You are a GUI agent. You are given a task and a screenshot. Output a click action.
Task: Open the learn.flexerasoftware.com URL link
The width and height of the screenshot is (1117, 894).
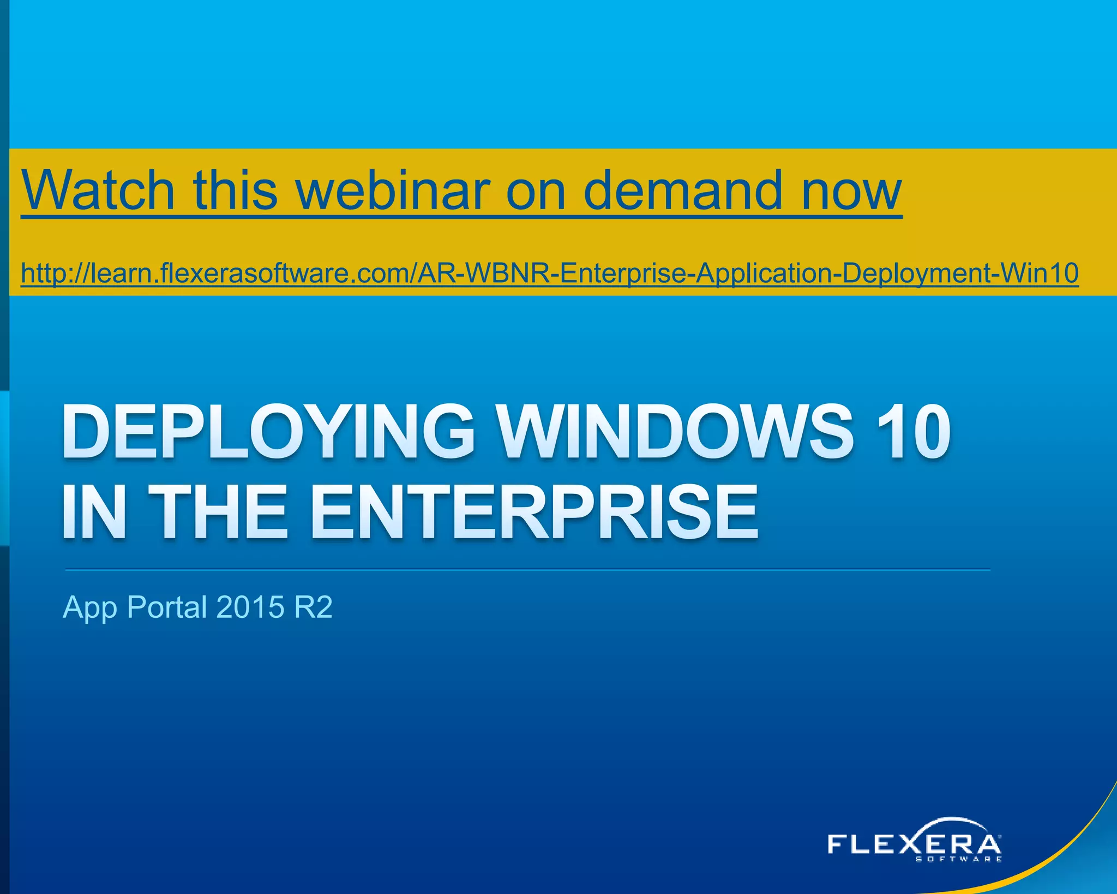(549, 273)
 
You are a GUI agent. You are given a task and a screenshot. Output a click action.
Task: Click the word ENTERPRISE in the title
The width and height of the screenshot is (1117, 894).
(535, 513)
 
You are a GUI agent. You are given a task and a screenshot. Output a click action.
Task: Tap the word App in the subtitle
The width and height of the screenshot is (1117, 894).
(90, 607)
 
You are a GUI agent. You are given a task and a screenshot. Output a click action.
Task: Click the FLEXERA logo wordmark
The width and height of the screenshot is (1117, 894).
(914, 844)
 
